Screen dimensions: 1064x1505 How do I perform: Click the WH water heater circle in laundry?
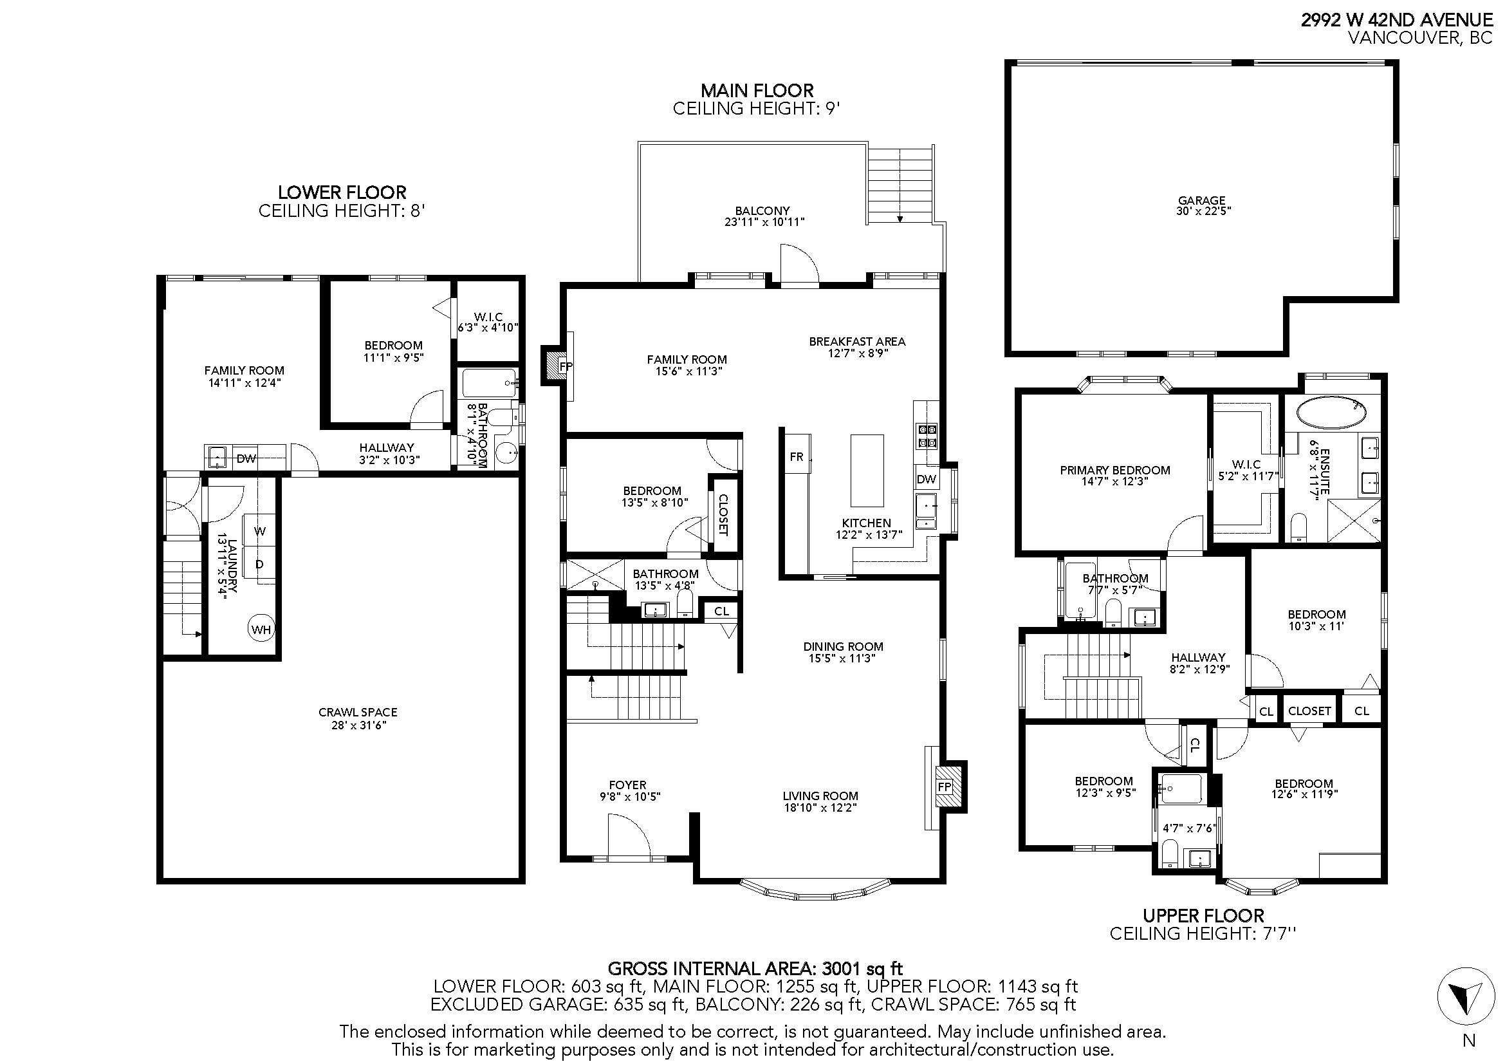click(x=261, y=630)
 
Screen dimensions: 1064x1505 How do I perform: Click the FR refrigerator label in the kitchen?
click(x=796, y=457)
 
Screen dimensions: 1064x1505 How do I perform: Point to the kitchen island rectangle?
click(x=867, y=470)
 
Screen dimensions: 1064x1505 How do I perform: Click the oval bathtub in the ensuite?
click(x=1331, y=414)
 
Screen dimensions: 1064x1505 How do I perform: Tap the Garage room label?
click(x=1201, y=201)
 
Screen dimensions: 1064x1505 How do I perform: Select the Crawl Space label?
click(x=358, y=712)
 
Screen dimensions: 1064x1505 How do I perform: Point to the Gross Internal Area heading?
click(x=755, y=968)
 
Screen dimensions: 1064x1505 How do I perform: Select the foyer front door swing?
click(x=627, y=836)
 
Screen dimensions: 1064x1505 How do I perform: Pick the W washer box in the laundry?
click(x=260, y=531)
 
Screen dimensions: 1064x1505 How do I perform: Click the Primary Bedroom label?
click(x=1114, y=470)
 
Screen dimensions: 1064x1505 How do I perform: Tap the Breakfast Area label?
click(x=856, y=342)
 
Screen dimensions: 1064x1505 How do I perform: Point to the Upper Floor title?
click(x=1203, y=915)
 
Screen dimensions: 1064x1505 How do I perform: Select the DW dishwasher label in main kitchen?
click(x=926, y=480)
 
